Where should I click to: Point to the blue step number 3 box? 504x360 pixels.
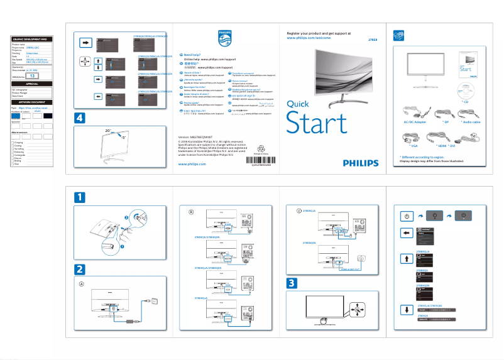click(292, 283)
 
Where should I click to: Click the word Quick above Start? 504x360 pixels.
click(297, 106)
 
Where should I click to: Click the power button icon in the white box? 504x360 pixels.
click(407, 215)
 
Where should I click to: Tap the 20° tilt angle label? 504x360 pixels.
click(107, 130)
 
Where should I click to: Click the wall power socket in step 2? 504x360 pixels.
click(150, 301)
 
